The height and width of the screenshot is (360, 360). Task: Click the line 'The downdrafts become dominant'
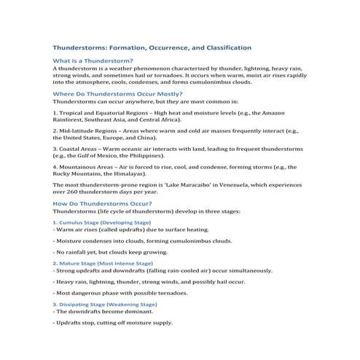click(101, 311)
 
